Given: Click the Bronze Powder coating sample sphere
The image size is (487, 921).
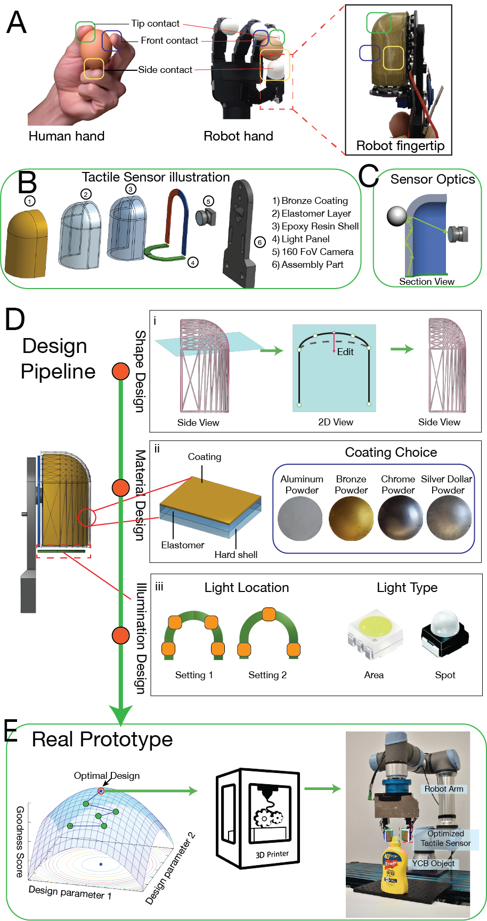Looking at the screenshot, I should pos(351,519).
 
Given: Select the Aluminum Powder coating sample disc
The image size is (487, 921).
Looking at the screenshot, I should pos(301,519).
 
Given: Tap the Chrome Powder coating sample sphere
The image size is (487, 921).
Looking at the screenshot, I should pos(400,519).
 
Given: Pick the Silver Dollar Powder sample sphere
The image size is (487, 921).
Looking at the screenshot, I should pos(449,519).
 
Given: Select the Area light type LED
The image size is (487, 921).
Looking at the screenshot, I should pos(375,632).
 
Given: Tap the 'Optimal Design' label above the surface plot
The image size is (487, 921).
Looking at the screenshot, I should pos(107,776).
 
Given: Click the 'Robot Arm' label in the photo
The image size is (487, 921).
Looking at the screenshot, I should pos(444,789).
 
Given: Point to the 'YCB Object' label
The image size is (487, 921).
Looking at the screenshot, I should pos(433,864).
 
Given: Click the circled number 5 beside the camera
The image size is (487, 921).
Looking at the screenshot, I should pos(208,201).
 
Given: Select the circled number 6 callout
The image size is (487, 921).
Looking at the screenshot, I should pos(259,243).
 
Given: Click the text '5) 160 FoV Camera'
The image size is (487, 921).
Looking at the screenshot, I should pos(313,252).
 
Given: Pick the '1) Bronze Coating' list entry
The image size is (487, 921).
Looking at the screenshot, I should pos(310,201).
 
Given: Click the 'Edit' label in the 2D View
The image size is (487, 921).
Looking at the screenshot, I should pos(345,352).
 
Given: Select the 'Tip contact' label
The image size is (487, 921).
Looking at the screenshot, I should pos(155,23).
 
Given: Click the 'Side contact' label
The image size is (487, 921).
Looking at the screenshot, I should pos(165,70).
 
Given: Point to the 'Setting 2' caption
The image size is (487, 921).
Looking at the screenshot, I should pos(267,675).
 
